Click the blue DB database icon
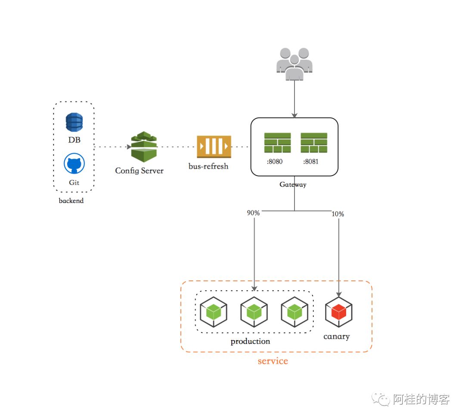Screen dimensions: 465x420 74,122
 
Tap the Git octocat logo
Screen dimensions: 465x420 74,163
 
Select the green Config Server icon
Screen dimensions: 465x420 144,147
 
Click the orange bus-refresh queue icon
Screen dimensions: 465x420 214,146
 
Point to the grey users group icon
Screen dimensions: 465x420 294,64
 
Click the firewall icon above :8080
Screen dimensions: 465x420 278,143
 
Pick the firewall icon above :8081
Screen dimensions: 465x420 314,143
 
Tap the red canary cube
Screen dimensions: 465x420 339,312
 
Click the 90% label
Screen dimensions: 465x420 253,213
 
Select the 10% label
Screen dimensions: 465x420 338,214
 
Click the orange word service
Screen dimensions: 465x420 273,361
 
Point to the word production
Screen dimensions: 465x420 250,342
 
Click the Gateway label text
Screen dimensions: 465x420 293,184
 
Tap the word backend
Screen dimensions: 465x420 71,200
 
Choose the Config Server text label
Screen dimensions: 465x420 139,171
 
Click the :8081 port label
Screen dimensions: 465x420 311,162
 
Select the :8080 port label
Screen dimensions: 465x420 275,162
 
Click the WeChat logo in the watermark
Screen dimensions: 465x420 381,399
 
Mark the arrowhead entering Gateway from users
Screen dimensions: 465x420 294,115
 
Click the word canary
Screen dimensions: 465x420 337,336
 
